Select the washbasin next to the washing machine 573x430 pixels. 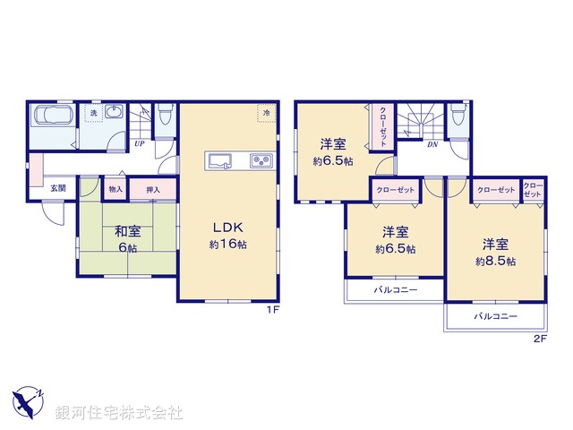coord(114,113)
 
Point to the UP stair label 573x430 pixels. coord(140,142)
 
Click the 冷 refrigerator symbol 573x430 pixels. coord(266,113)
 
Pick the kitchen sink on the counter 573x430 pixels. coord(221,161)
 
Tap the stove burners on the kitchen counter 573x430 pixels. coord(261,161)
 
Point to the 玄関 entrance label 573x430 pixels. coord(57,188)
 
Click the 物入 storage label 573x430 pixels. coord(115,189)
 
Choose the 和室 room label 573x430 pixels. coord(124,231)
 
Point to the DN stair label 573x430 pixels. coord(432,144)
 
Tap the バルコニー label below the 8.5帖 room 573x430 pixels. coord(493,317)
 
